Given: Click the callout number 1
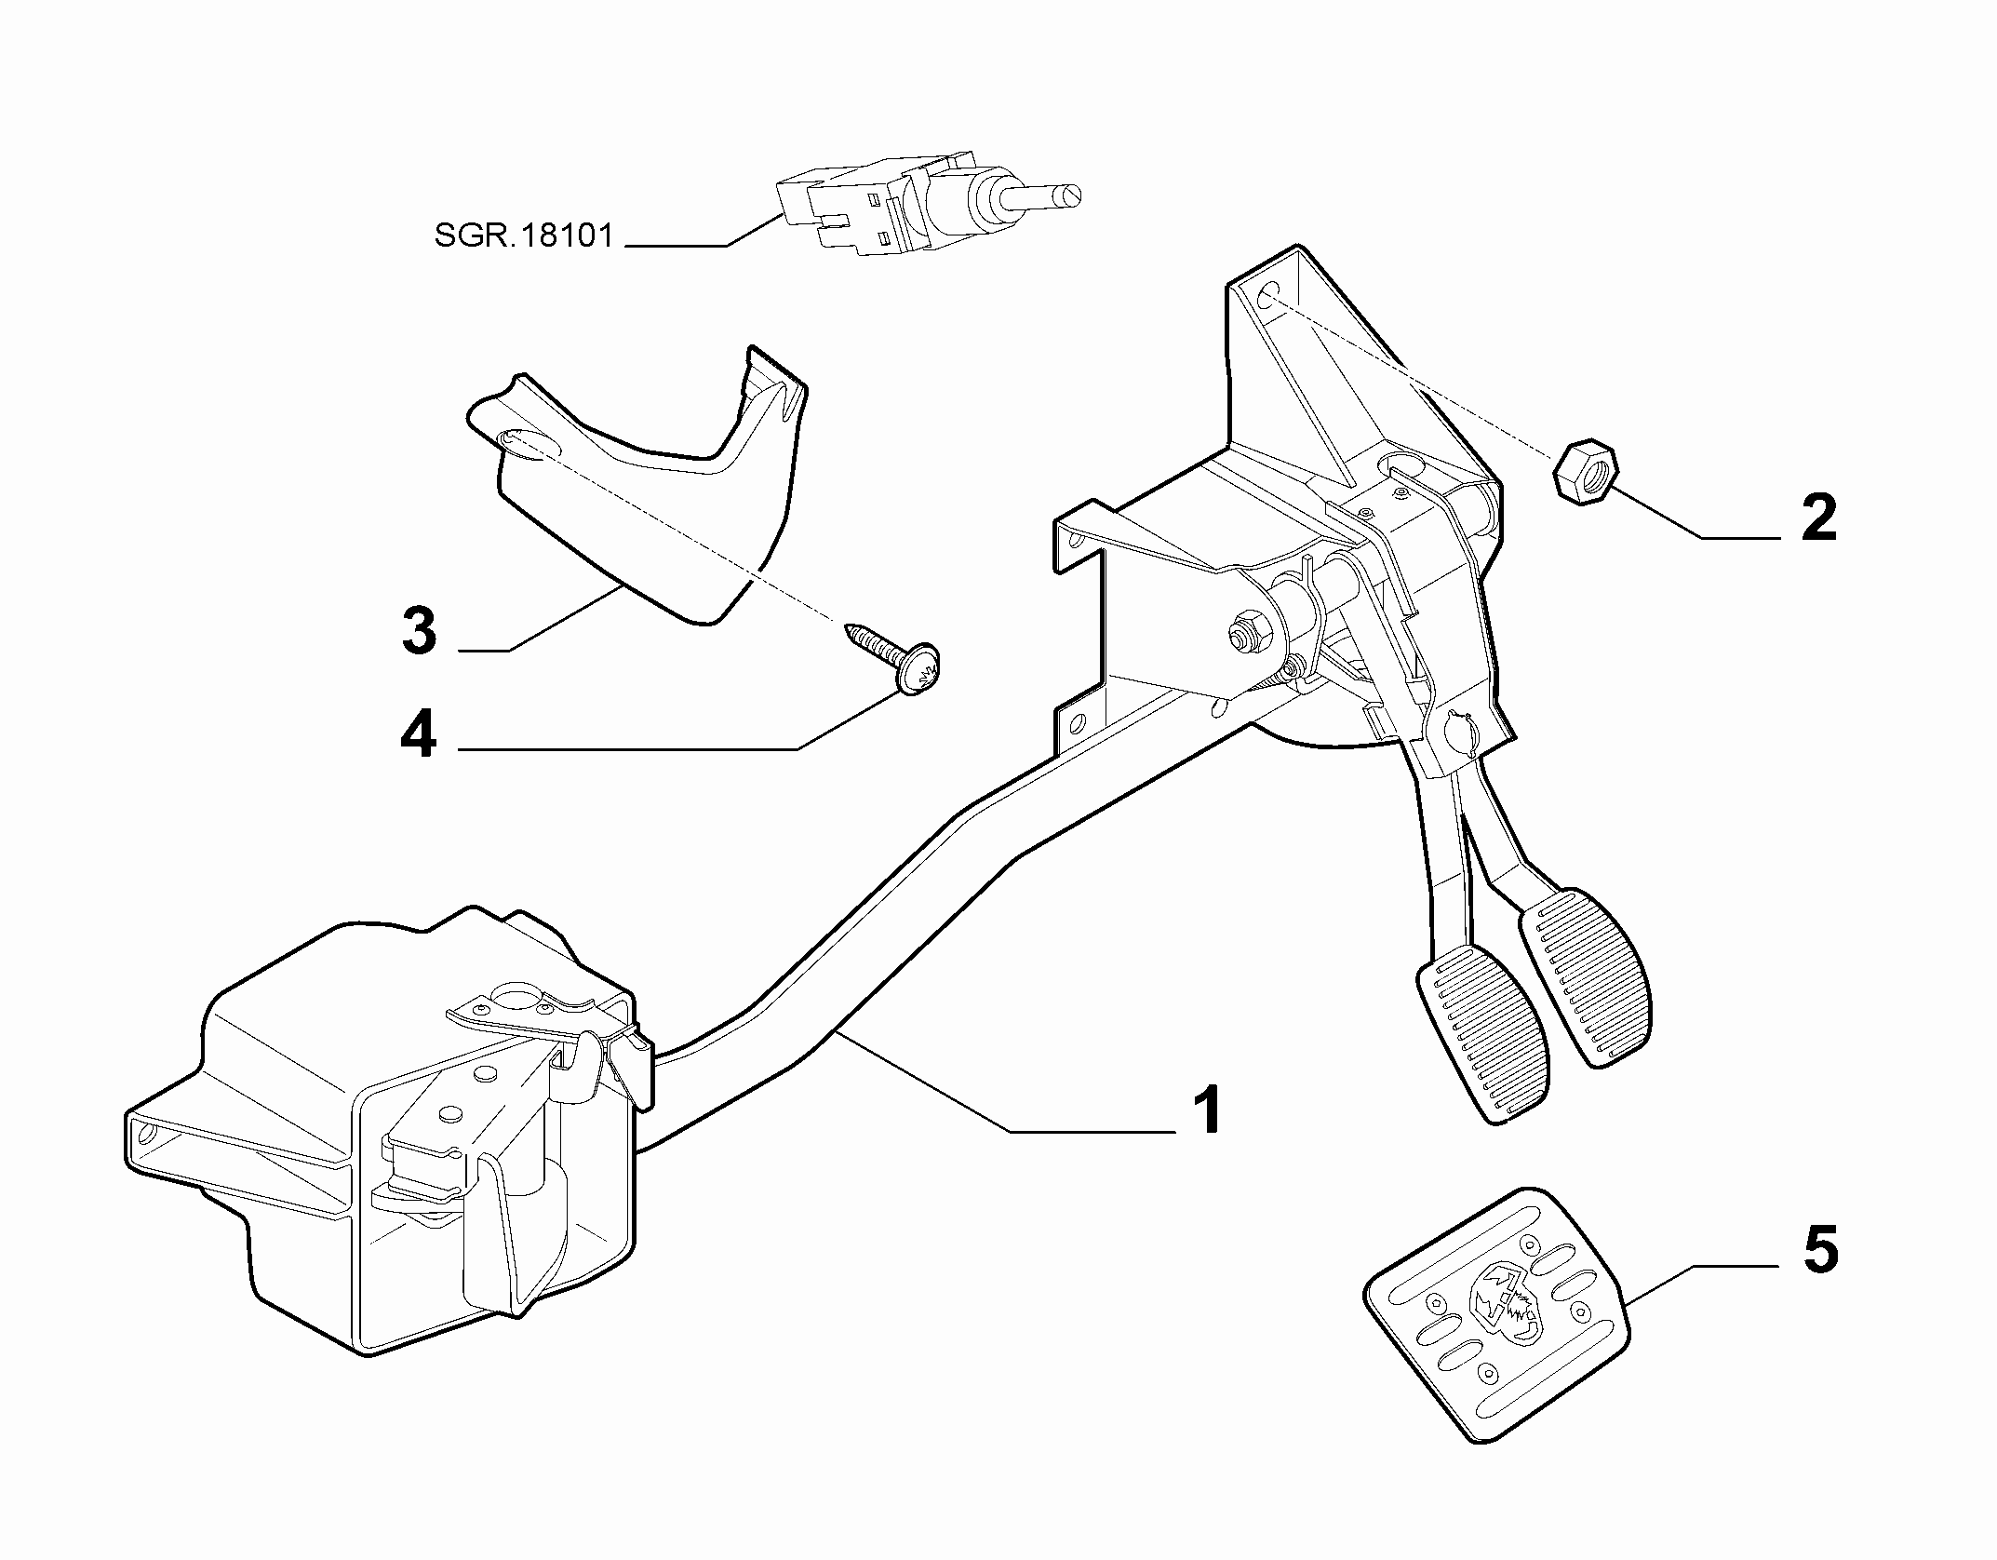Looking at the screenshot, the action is (x=1208, y=1110).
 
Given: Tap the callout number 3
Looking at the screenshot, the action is (x=419, y=630).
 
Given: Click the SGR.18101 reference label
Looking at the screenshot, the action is (x=524, y=235).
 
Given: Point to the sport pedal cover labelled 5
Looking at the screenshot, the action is (x=1497, y=1314).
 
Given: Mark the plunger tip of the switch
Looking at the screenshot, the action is (x=1076, y=196).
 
